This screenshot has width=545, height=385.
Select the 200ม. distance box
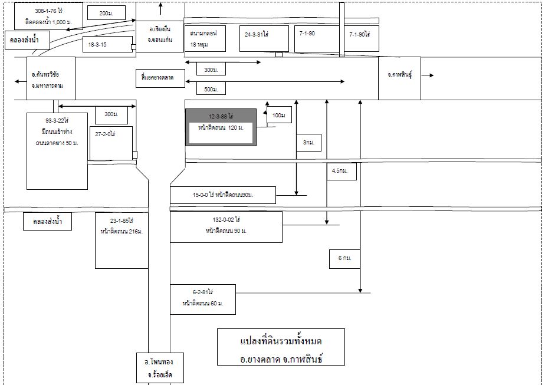(x=106, y=13)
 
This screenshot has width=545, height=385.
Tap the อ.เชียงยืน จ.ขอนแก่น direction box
(x=160, y=37)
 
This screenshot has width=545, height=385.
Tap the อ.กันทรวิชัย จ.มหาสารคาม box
(x=51, y=80)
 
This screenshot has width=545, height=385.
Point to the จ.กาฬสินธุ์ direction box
(x=399, y=75)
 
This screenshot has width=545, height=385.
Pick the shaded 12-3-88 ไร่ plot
(x=221, y=127)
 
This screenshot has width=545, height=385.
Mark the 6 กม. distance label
(x=341, y=258)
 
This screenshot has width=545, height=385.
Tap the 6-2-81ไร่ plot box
(x=202, y=299)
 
